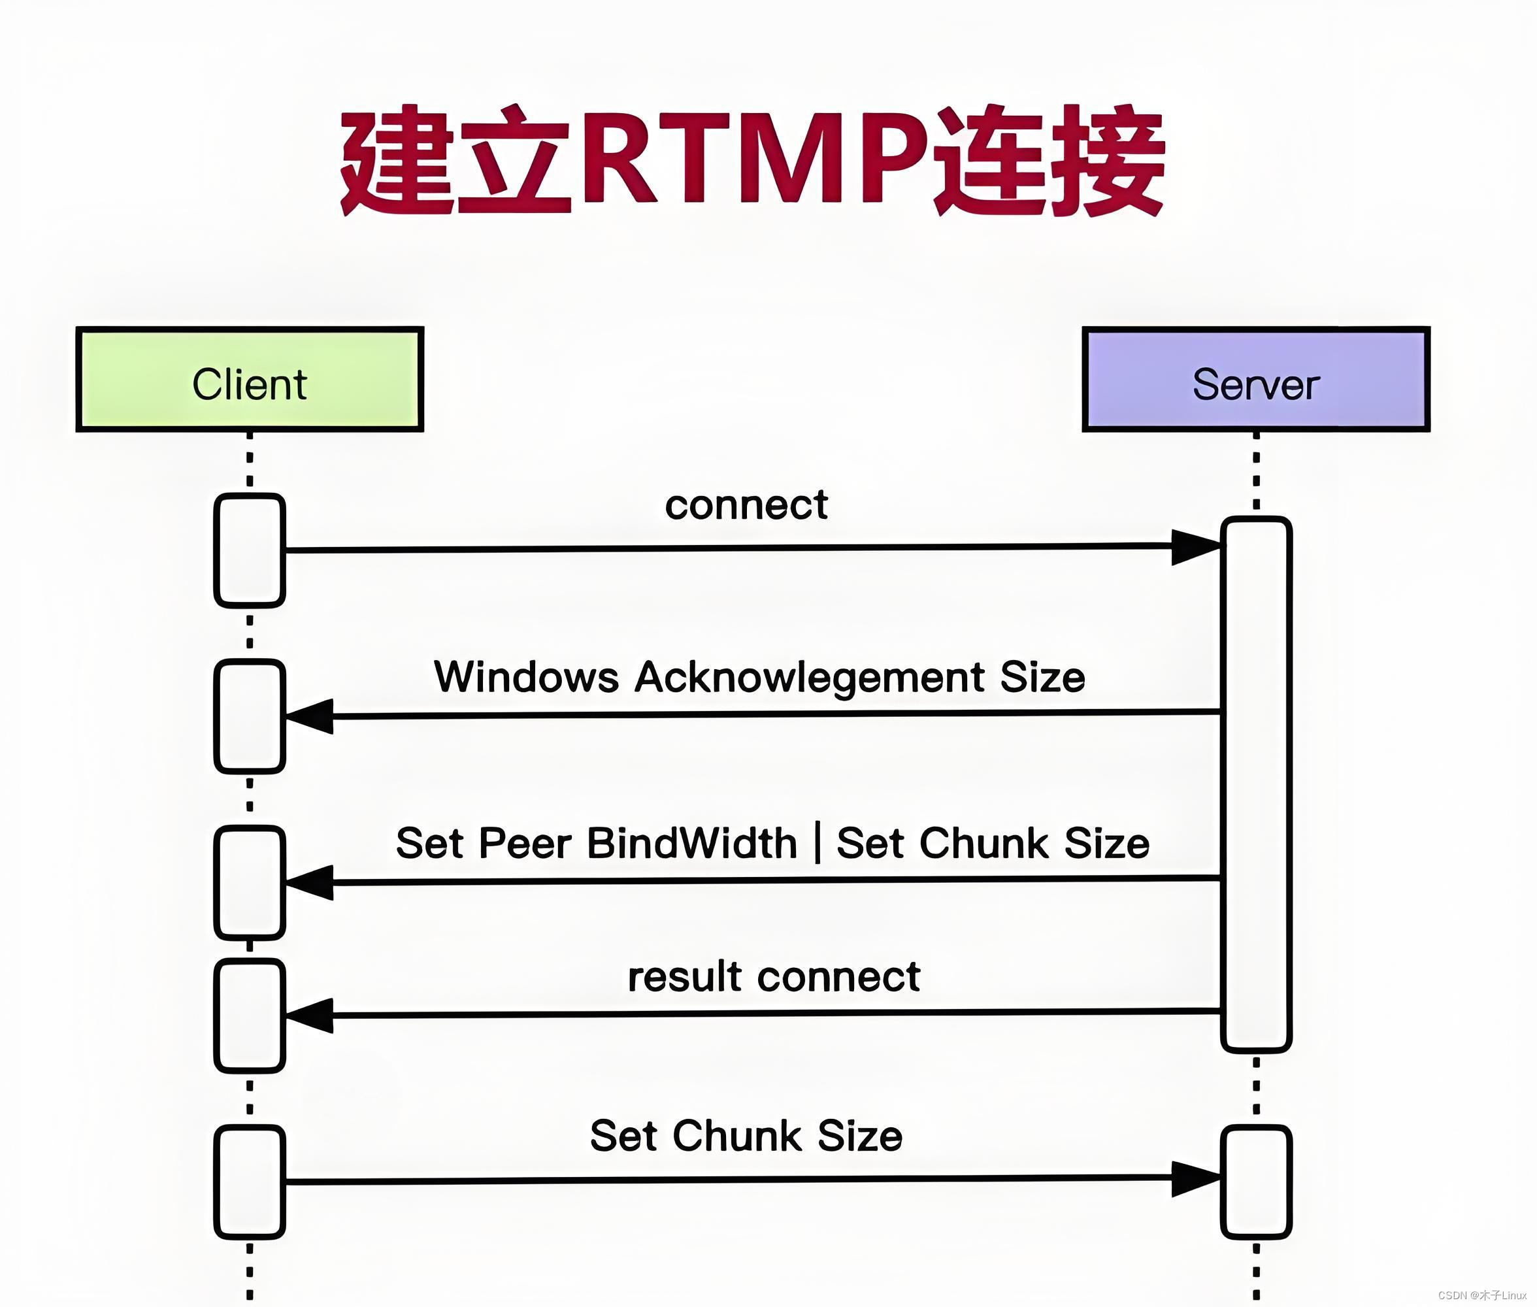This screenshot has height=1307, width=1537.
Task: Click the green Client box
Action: pyautogui.click(x=250, y=379)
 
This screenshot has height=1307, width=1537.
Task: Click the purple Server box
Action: pyautogui.click(x=1255, y=379)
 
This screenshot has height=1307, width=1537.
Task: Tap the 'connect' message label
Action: pyautogui.click(x=746, y=505)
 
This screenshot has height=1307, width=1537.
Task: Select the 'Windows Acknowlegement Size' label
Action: pyautogui.click(x=759, y=677)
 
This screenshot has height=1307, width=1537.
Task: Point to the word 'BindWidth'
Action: pyautogui.click(x=692, y=843)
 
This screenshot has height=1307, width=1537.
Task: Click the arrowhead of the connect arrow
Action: pyautogui.click(x=1195, y=548)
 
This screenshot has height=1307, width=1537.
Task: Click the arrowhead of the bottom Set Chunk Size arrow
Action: pyautogui.click(x=1195, y=1179)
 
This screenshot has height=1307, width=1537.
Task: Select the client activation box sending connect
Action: pyautogui.click(x=250, y=550)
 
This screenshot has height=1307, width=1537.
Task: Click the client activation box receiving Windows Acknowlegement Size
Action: pyautogui.click(x=250, y=716)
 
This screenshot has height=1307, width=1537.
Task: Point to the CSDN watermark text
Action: pyautogui.click(x=1481, y=1295)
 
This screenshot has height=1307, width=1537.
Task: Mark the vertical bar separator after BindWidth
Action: pyautogui.click(x=817, y=843)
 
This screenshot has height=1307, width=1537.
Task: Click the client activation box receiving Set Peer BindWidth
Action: pyautogui.click(x=250, y=882)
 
